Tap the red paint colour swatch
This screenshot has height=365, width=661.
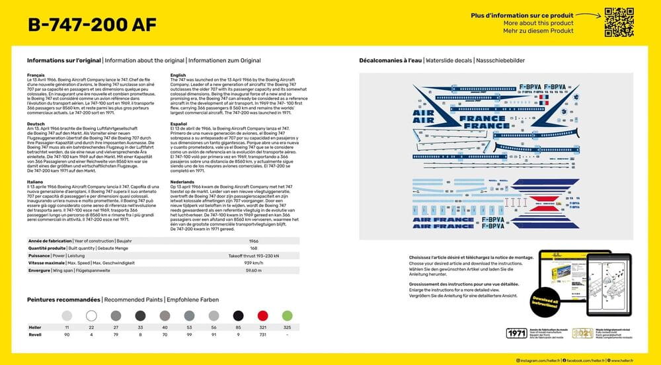262,316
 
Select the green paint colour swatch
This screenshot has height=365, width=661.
287,316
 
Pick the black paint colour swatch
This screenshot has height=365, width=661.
238,316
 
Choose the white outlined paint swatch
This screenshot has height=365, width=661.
91,316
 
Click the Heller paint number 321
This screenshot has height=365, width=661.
262,328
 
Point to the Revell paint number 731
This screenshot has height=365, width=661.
262,335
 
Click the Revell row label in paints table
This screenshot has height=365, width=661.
35,335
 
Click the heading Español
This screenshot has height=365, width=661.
179,124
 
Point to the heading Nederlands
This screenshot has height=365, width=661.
182,181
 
